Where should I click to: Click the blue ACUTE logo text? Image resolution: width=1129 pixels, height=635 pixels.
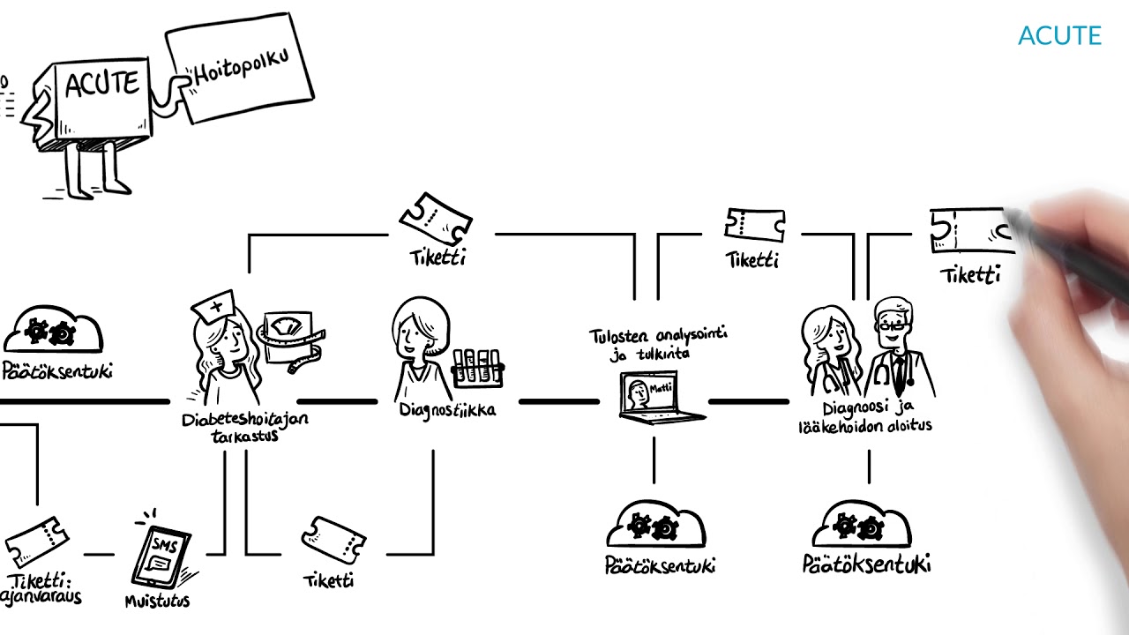click(1059, 36)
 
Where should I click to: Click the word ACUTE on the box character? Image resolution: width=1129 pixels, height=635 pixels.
click(102, 85)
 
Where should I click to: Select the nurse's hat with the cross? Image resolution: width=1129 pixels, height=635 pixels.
click(213, 307)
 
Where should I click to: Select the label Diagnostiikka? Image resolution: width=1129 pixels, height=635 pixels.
click(447, 410)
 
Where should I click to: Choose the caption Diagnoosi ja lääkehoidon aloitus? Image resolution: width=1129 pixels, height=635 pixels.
click(864, 416)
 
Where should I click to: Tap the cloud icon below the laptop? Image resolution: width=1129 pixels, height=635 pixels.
click(655, 526)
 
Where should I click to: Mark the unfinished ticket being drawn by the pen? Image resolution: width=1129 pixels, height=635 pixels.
click(970, 231)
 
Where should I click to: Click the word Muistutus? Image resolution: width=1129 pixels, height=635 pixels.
click(157, 601)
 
